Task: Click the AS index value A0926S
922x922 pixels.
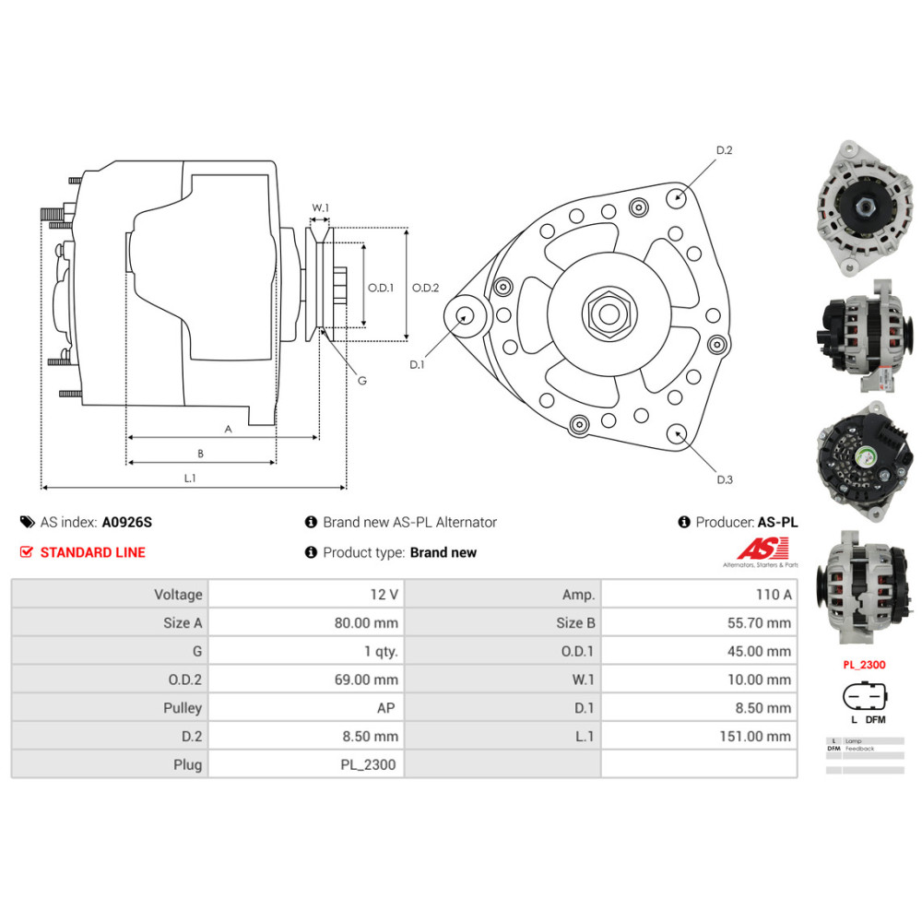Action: [x=127, y=522]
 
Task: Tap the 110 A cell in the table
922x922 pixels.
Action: [x=772, y=595]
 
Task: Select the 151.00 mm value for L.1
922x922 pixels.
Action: [x=755, y=737]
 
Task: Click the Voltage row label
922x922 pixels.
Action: [x=178, y=595]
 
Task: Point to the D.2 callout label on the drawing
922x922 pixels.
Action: [x=724, y=150]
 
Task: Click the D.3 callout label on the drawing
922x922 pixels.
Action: [x=724, y=479]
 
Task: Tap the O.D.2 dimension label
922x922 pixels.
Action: [x=425, y=288]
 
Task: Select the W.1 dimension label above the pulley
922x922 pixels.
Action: [x=320, y=207]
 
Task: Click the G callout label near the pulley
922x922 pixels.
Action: [x=361, y=380]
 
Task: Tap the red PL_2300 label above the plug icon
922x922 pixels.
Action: [x=864, y=664]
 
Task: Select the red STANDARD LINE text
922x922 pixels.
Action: [x=92, y=552]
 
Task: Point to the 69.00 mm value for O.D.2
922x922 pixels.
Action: [x=367, y=680]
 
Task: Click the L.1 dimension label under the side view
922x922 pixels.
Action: [x=190, y=478]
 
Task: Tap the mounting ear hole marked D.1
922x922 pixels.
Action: [x=465, y=314]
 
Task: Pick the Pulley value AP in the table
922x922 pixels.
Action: [x=388, y=708]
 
